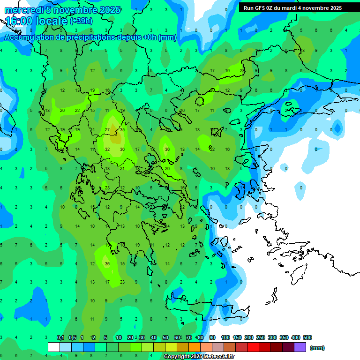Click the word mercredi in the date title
pos(24,10)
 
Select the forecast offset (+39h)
pos(81,21)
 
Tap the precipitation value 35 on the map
pos(122,130)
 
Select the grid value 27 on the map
pos(107,130)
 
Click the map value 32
pos(107,150)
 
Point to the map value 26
pos(167,169)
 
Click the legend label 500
pos(307,337)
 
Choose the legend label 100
pos(225,337)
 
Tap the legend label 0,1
pos(60,337)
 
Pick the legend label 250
pos(261,337)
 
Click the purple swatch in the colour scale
pos(300,347)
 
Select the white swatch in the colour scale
pos(54,347)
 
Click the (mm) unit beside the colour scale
pos(317,348)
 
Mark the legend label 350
pos(284,337)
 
